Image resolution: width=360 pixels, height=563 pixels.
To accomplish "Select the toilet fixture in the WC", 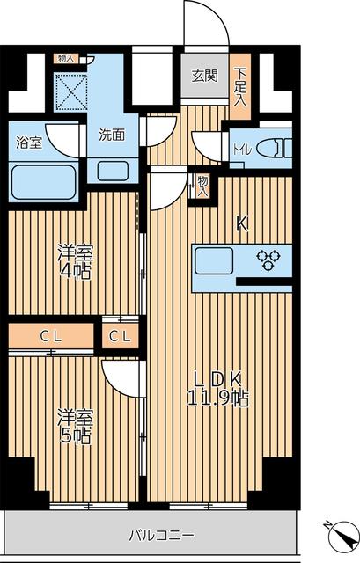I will pyautogui.click(x=273, y=147).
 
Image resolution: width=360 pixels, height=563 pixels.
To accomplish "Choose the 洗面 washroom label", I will pyautogui.click(x=111, y=135).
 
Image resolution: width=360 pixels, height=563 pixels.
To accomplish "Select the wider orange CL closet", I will pyautogui.click(x=50, y=336).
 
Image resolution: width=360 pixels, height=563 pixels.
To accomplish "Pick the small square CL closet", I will pyautogui.click(x=121, y=336).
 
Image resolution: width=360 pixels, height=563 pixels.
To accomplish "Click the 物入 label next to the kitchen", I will pyautogui.click(x=202, y=185).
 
